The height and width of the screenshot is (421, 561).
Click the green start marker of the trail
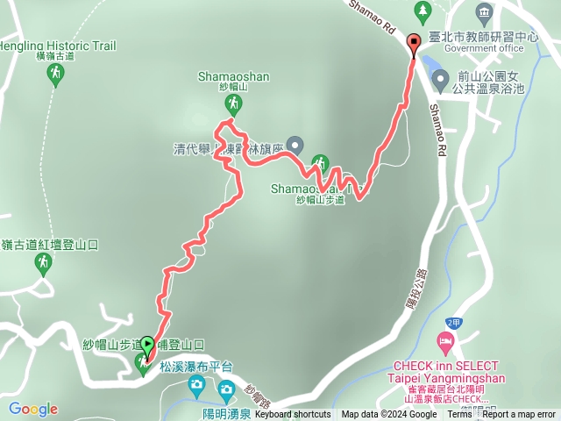tap(147, 345)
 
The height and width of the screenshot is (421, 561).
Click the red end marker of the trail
tap(415, 42)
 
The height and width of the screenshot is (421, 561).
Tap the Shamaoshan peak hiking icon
tap(233, 105)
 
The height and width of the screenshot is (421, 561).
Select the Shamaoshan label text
tap(232, 77)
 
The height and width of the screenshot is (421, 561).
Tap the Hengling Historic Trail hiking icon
tap(55, 74)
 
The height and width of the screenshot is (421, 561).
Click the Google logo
tap(33, 409)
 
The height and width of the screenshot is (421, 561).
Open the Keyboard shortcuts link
tap(293, 414)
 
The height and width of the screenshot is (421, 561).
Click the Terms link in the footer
tap(459, 414)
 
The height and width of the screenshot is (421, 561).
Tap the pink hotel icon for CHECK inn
tap(446, 340)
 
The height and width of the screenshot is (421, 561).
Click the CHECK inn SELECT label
tap(445, 366)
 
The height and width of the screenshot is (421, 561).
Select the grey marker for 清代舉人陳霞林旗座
tap(295, 145)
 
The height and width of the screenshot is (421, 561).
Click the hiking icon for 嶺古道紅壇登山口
tap(42, 262)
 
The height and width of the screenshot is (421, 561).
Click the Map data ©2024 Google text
tap(388, 414)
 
